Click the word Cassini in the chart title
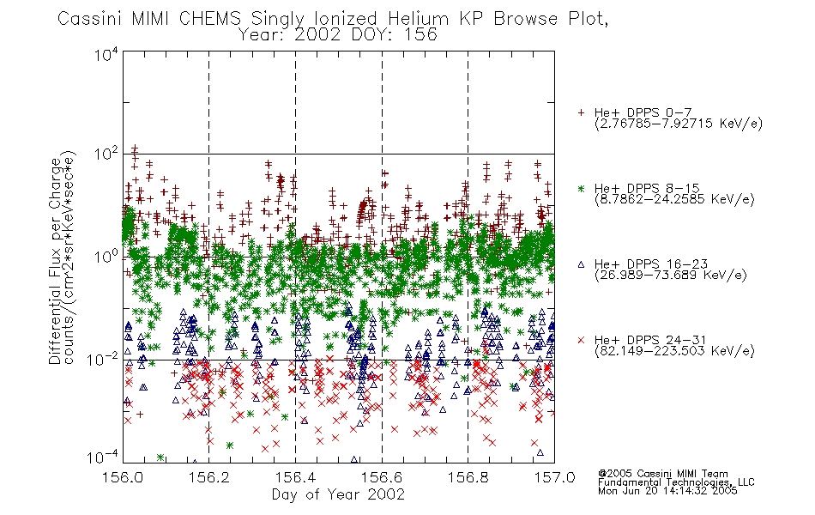(x=90, y=19)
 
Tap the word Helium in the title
(x=418, y=19)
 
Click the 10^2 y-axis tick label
(x=106, y=154)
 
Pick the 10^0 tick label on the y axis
(x=106, y=257)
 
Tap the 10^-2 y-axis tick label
(x=102, y=359)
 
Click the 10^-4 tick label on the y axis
(x=102, y=457)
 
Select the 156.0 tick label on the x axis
(x=123, y=477)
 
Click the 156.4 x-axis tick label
(x=295, y=477)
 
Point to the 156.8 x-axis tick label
(x=468, y=477)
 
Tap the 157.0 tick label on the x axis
(x=554, y=477)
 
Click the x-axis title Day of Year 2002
(x=338, y=494)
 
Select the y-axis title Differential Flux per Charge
(x=55, y=261)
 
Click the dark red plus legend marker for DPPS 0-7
(x=581, y=112)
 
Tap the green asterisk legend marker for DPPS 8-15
(x=581, y=188)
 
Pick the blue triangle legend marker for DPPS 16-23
(x=581, y=264)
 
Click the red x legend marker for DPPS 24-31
(x=581, y=340)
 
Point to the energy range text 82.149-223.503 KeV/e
(x=674, y=351)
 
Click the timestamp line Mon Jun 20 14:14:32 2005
(x=667, y=491)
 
